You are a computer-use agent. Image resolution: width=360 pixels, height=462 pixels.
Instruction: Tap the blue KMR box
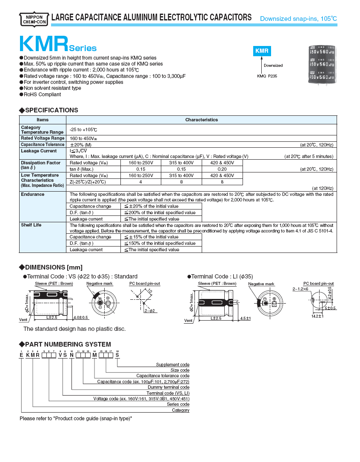pos(262,51)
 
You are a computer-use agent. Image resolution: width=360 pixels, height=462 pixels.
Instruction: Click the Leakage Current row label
pos(39,151)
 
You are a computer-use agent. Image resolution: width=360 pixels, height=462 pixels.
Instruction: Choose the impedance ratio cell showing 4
pos(141,182)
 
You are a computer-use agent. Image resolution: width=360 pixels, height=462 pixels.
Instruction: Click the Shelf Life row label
pos(31,225)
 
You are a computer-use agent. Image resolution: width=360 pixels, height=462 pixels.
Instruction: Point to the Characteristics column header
pos(202,120)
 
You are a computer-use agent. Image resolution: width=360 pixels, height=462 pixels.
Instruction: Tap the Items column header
pos(43,120)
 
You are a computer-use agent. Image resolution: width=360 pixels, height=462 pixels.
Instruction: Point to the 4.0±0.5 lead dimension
pos(80,318)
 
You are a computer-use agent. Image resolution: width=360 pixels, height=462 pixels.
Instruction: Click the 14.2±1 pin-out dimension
pos(317,316)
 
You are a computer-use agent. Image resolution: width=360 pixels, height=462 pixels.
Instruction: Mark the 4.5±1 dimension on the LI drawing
pos(246,318)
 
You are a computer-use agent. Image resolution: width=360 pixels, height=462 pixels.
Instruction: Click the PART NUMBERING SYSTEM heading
pos(68,344)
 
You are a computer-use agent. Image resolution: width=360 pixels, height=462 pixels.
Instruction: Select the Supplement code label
pos(172,364)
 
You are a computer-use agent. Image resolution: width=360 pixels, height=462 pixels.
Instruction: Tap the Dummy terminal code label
pos(169,387)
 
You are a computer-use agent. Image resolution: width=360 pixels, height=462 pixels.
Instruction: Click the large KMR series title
pos(44,44)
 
